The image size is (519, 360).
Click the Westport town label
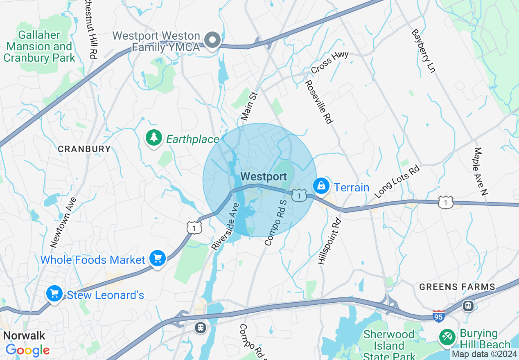click(x=264, y=177)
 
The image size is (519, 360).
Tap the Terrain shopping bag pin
click(x=322, y=187)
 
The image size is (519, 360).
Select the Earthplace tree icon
click(x=154, y=138)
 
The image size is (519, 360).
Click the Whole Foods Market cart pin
click(x=158, y=259)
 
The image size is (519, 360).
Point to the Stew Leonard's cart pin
click(x=54, y=294)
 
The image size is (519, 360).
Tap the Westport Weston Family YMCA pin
click(x=213, y=40)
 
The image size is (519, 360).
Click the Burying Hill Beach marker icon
click(x=447, y=337)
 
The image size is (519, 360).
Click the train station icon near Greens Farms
click(x=468, y=306)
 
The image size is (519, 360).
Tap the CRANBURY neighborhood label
click(x=84, y=149)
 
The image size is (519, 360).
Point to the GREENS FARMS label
click(x=457, y=287)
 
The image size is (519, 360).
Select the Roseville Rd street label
click(x=319, y=102)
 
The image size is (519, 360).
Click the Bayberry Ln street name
click(x=423, y=51)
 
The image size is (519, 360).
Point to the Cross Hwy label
click(x=329, y=63)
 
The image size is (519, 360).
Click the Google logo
click(x=28, y=350)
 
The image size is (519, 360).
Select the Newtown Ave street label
click(x=63, y=223)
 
